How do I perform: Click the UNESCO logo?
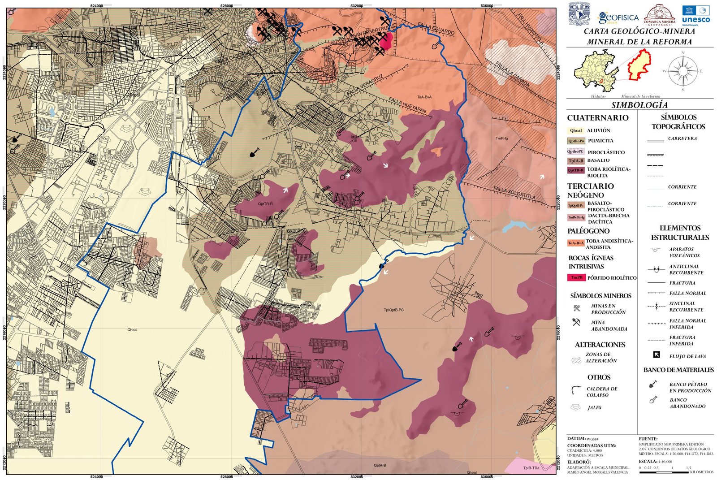coord(695,15)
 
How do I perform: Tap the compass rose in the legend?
coord(683,71)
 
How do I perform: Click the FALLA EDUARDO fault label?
coord(436,29)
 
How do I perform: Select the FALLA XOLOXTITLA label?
coord(514,193)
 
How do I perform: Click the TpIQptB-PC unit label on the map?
coord(393,310)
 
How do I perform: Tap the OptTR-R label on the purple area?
coord(265,204)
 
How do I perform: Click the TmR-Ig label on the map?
coord(501,138)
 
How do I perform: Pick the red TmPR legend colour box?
coord(576,277)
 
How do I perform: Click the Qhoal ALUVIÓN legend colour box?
coord(576,130)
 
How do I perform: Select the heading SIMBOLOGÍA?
coord(639,105)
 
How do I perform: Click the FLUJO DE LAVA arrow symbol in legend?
coord(657,355)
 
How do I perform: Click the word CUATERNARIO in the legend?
coord(597,118)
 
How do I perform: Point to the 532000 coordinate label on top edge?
coord(357,5)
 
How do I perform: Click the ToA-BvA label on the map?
coord(424,97)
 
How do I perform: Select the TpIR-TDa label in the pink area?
coord(531,468)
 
